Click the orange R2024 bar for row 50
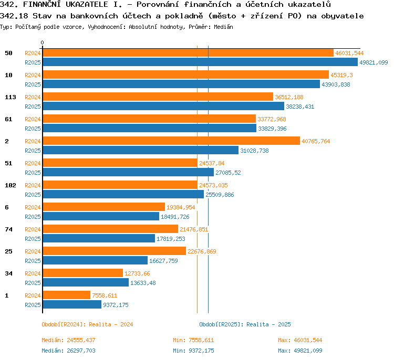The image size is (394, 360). [x=188, y=53]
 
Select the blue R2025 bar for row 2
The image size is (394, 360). [x=141, y=151]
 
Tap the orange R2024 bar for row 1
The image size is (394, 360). [x=67, y=295]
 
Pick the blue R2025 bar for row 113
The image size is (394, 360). [x=163, y=106]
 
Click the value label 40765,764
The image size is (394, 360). [x=316, y=141]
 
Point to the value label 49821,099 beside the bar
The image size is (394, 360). [x=374, y=62]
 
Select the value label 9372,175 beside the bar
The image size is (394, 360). [x=116, y=305]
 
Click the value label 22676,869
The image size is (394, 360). [x=202, y=251]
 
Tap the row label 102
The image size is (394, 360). [x=11, y=185]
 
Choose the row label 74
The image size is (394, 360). [x=8, y=229]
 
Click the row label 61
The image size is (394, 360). [x=8, y=119]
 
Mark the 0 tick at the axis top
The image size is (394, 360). [x=42, y=43]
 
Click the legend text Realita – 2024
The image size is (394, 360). [x=111, y=324]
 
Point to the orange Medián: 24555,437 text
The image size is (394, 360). [x=69, y=340]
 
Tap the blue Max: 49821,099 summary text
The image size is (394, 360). [x=300, y=351]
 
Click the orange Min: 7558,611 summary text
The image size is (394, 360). [x=193, y=340]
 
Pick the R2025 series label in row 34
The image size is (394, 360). [x=33, y=283]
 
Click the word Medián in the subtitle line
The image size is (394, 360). [x=223, y=27]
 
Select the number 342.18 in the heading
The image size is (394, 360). [x=14, y=16]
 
